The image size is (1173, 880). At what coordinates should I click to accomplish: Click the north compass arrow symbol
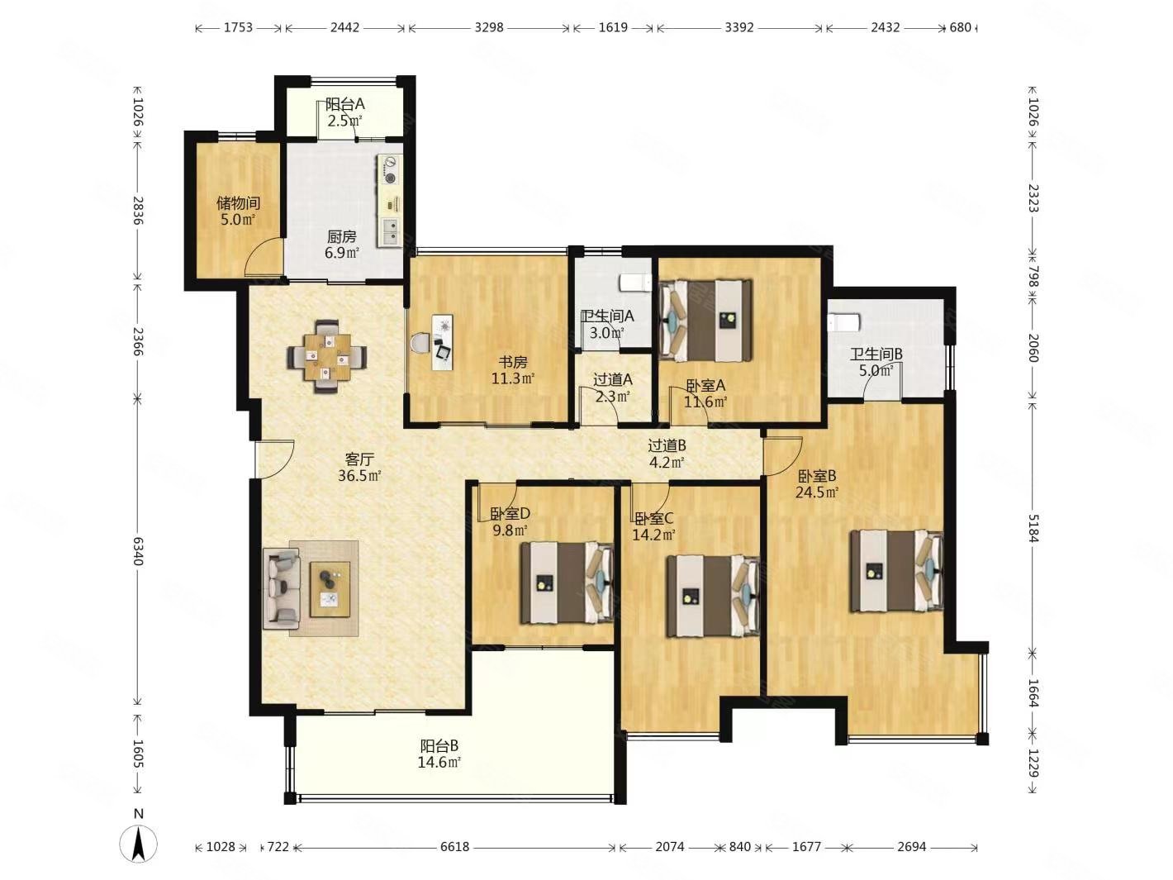[x=139, y=844]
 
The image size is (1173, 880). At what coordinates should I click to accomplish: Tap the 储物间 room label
[x=239, y=203]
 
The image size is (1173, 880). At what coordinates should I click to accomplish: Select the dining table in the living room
[x=327, y=356]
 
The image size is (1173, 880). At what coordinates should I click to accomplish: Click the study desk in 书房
[x=442, y=342]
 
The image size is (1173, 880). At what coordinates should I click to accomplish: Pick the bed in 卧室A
[x=705, y=321]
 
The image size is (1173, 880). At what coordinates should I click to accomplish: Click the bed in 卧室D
[x=567, y=583]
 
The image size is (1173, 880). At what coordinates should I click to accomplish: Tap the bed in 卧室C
[x=713, y=596]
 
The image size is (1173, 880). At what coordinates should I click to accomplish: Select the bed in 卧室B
[x=896, y=571]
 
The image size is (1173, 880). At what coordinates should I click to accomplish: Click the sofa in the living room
[x=282, y=587]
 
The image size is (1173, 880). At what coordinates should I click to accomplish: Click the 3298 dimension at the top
[x=488, y=27]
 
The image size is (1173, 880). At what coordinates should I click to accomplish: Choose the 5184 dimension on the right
[x=1033, y=528]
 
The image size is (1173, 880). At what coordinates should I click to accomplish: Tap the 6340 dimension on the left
[x=138, y=551]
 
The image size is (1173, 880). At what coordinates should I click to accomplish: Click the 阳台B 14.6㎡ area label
[x=439, y=754]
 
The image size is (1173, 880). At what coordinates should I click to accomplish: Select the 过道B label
[x=667, y=445]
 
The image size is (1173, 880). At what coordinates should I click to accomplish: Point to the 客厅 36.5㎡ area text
[x=359, y=467]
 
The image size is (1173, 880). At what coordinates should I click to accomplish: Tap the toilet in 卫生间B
[x=843, y=321]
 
